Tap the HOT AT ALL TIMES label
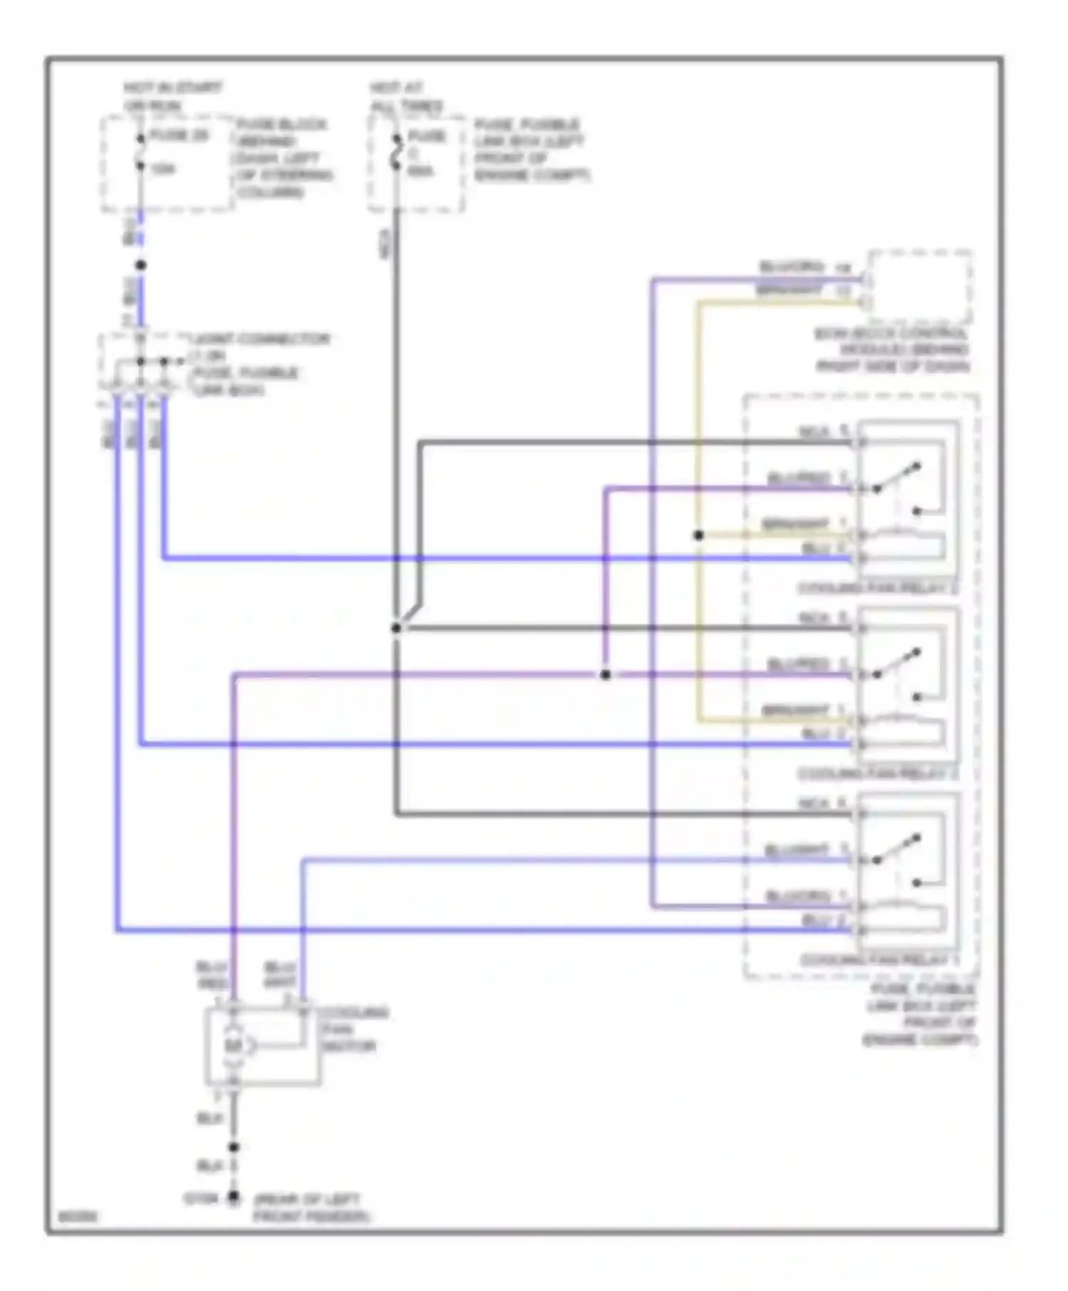pyautogui.click(x=405, y=97)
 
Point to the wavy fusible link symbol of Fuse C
pyautogui.click(x=396, y=152)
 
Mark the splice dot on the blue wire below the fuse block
pyautogui.click(x=140, y=265)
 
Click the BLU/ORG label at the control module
pyautogui.click(x=791, y=267)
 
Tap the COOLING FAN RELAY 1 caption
pyautogui.click(x=879, y=960)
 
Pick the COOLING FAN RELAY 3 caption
pyautogui.click(x=876, y=589)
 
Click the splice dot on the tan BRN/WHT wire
pyautogui.click(x=698, y=535)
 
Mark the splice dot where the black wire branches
pyautogui.click(x=396, y=628)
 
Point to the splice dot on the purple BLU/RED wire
pyautogui.click(x=604, y=674)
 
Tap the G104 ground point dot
pyautogui.click(x=233, y=1198)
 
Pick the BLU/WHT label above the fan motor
pyautogui.click(x=280, y=974)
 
